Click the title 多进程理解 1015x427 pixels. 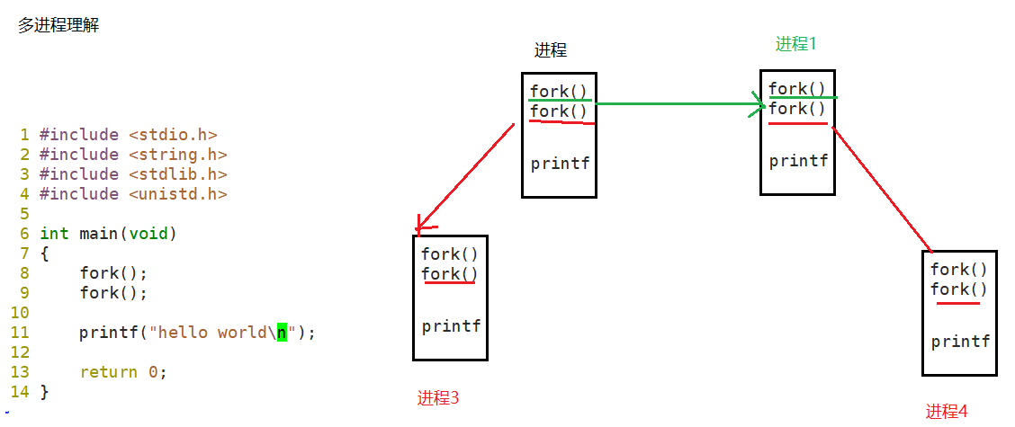(58, 26)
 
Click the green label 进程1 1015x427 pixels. (796, 44)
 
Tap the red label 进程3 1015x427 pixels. (438, 397)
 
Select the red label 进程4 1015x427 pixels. (947, 412)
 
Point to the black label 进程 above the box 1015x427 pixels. (551, 50)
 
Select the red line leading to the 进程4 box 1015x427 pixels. (882, 189)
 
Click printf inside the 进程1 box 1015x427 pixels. (798, 162)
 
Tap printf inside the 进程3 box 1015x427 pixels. (451, 326)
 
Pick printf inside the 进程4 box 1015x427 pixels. (960, 342)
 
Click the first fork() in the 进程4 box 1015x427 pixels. (959, 270)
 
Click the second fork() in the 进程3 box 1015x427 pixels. (450, 274)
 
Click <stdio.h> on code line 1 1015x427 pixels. (173, 135)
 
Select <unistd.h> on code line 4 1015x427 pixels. (177, 194)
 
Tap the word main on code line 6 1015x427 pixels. (98, 234)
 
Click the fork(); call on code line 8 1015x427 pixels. (112, 273)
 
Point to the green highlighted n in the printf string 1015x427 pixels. (281, 333)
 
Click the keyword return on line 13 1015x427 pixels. (108, 372)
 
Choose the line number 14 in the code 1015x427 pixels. (20, 392)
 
